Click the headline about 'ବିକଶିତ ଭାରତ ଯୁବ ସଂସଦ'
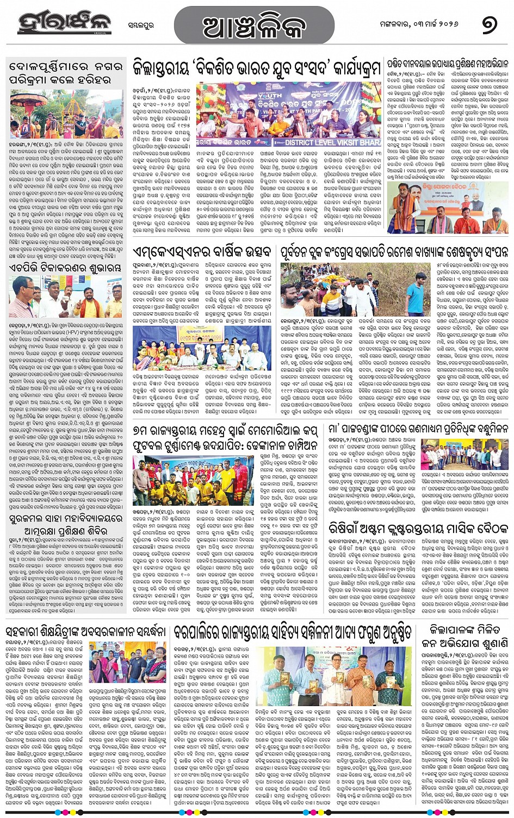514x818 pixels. coord(257,68)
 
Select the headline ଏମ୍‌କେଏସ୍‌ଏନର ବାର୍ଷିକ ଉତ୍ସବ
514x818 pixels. coord(202,252)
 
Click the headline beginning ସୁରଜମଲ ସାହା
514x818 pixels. coord(65,525)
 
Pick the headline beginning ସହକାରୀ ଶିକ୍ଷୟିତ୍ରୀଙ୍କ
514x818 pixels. coord(86,632)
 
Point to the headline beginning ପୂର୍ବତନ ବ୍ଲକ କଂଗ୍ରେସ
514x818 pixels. coord(394,252)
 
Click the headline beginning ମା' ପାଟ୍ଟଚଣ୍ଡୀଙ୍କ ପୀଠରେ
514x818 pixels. coord(418,430)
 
